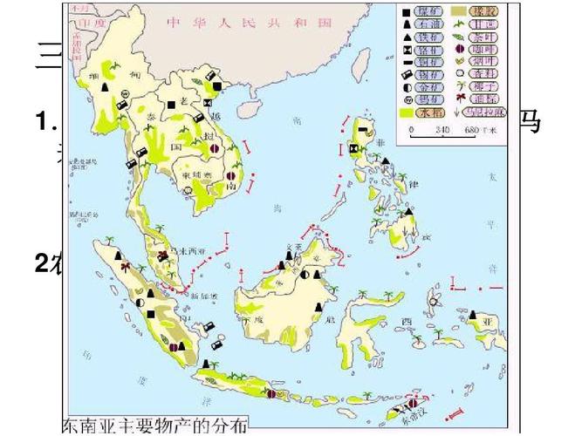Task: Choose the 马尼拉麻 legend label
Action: point(487,112)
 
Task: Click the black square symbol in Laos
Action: point(172,105)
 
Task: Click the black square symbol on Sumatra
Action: point(150,313)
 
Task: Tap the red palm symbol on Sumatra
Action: point(125,266)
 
